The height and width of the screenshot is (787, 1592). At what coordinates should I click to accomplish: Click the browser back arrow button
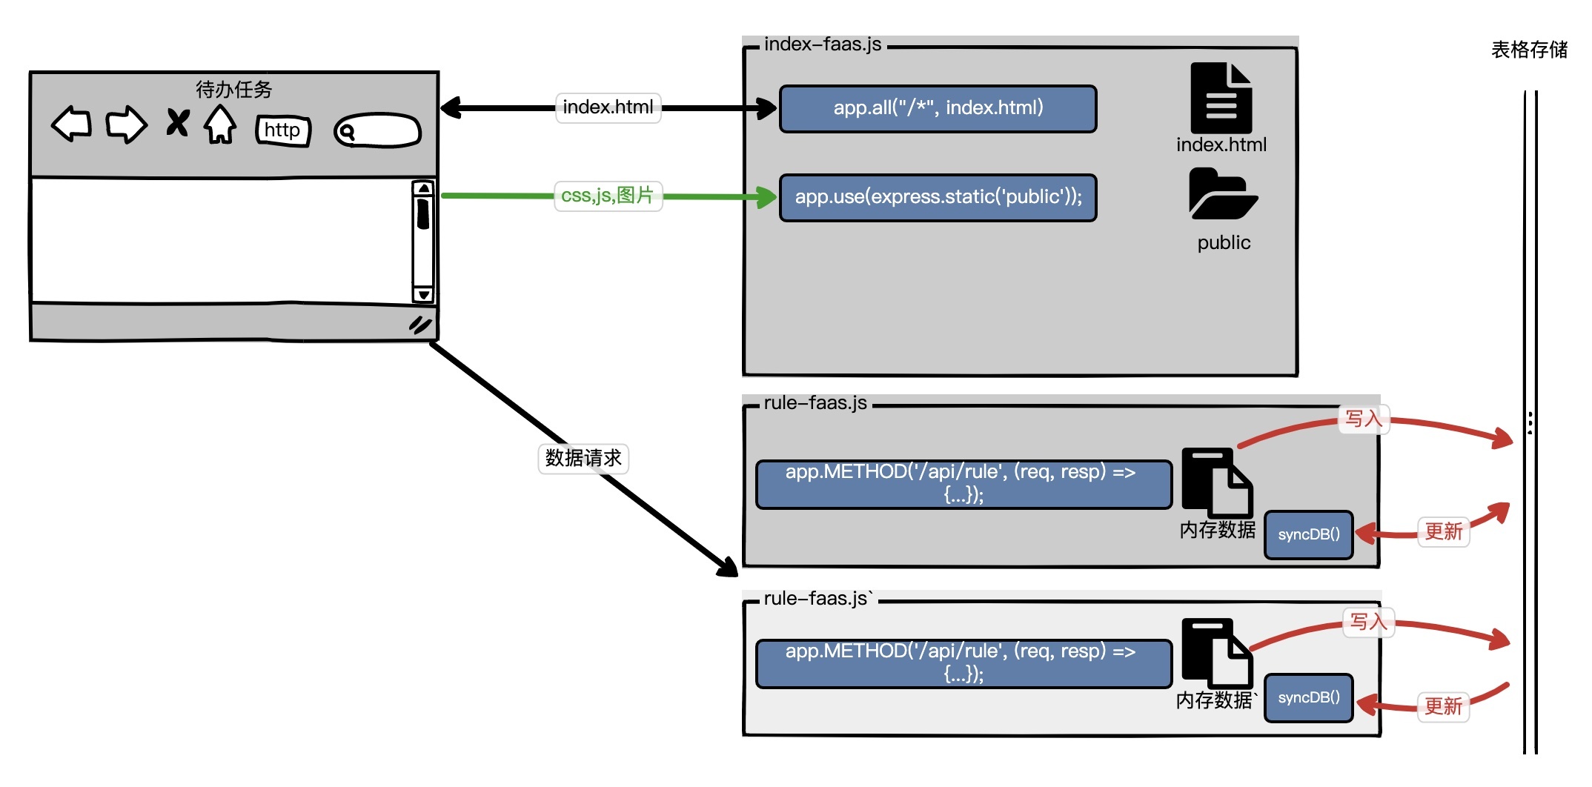(x=72, y=124)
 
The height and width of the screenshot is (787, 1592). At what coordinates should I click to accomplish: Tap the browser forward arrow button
(x=126, y=124)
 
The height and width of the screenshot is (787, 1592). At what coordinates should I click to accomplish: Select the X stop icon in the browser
(x=177, y=122)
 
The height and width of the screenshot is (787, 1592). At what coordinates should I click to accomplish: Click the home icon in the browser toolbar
(x=220, y=124)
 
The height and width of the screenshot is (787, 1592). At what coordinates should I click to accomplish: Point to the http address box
(x=282, y=130)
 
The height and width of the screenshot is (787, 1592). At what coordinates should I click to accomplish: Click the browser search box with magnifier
(x=377, y=131)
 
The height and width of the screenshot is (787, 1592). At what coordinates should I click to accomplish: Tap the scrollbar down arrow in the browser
(x=423, y=294)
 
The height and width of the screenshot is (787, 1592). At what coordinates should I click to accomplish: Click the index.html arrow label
(x=608, y=107)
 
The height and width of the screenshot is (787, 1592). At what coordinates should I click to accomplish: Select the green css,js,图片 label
(x=608, y=196)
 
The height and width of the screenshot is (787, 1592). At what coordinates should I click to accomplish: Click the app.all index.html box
(x=938, y=108)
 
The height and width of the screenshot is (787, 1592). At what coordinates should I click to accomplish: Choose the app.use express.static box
(x=938, y=197)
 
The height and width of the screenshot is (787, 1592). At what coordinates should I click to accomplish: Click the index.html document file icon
(x=1221, y=98)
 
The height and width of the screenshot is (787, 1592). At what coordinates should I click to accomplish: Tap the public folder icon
(x=1222, y=194)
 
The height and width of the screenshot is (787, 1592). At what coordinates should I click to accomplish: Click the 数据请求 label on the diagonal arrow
(x=583, y=458)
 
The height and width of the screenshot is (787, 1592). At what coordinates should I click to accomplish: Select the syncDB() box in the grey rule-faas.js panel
(x=1308, y=534)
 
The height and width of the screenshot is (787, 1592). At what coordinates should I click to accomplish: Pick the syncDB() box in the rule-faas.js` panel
(x=1308, y=697)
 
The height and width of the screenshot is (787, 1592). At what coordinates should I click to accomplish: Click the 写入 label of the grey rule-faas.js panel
(x=1364, y=419)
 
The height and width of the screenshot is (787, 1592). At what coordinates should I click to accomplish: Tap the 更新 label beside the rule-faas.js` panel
(x=1443, y=705)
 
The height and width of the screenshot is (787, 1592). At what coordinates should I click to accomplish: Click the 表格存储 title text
(x=1529, y=50)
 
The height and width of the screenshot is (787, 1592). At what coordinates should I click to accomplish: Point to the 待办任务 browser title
(x=233, y=90)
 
